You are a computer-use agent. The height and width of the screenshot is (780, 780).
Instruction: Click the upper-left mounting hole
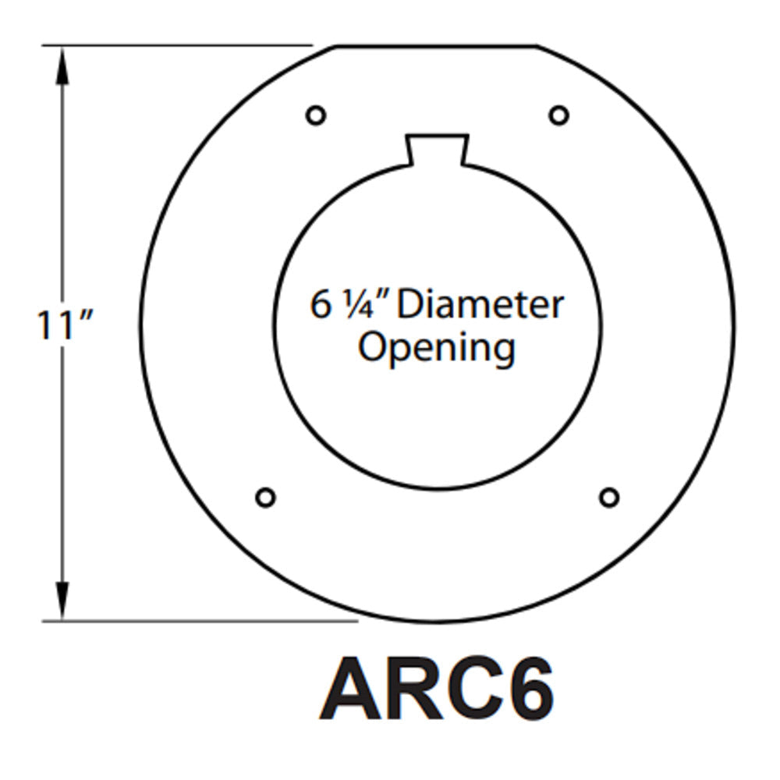[x=315, y=115]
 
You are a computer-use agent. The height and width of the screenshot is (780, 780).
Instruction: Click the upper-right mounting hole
[x=558, y=115]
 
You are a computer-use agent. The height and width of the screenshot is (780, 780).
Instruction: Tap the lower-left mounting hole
[x=265, y=497]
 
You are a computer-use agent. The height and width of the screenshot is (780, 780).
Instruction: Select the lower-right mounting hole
[x=609, y=497]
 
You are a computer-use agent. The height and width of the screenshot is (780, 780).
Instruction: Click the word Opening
[x=436, y=348]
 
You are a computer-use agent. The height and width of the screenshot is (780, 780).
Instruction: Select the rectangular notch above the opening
[x=438, y=149]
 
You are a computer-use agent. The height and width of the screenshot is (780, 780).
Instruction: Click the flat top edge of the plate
[x=437, y=46]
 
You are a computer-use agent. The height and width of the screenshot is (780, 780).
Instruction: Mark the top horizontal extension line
[x=177, y=45]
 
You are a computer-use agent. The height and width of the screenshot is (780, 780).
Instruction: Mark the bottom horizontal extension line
[x=200, y=621]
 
